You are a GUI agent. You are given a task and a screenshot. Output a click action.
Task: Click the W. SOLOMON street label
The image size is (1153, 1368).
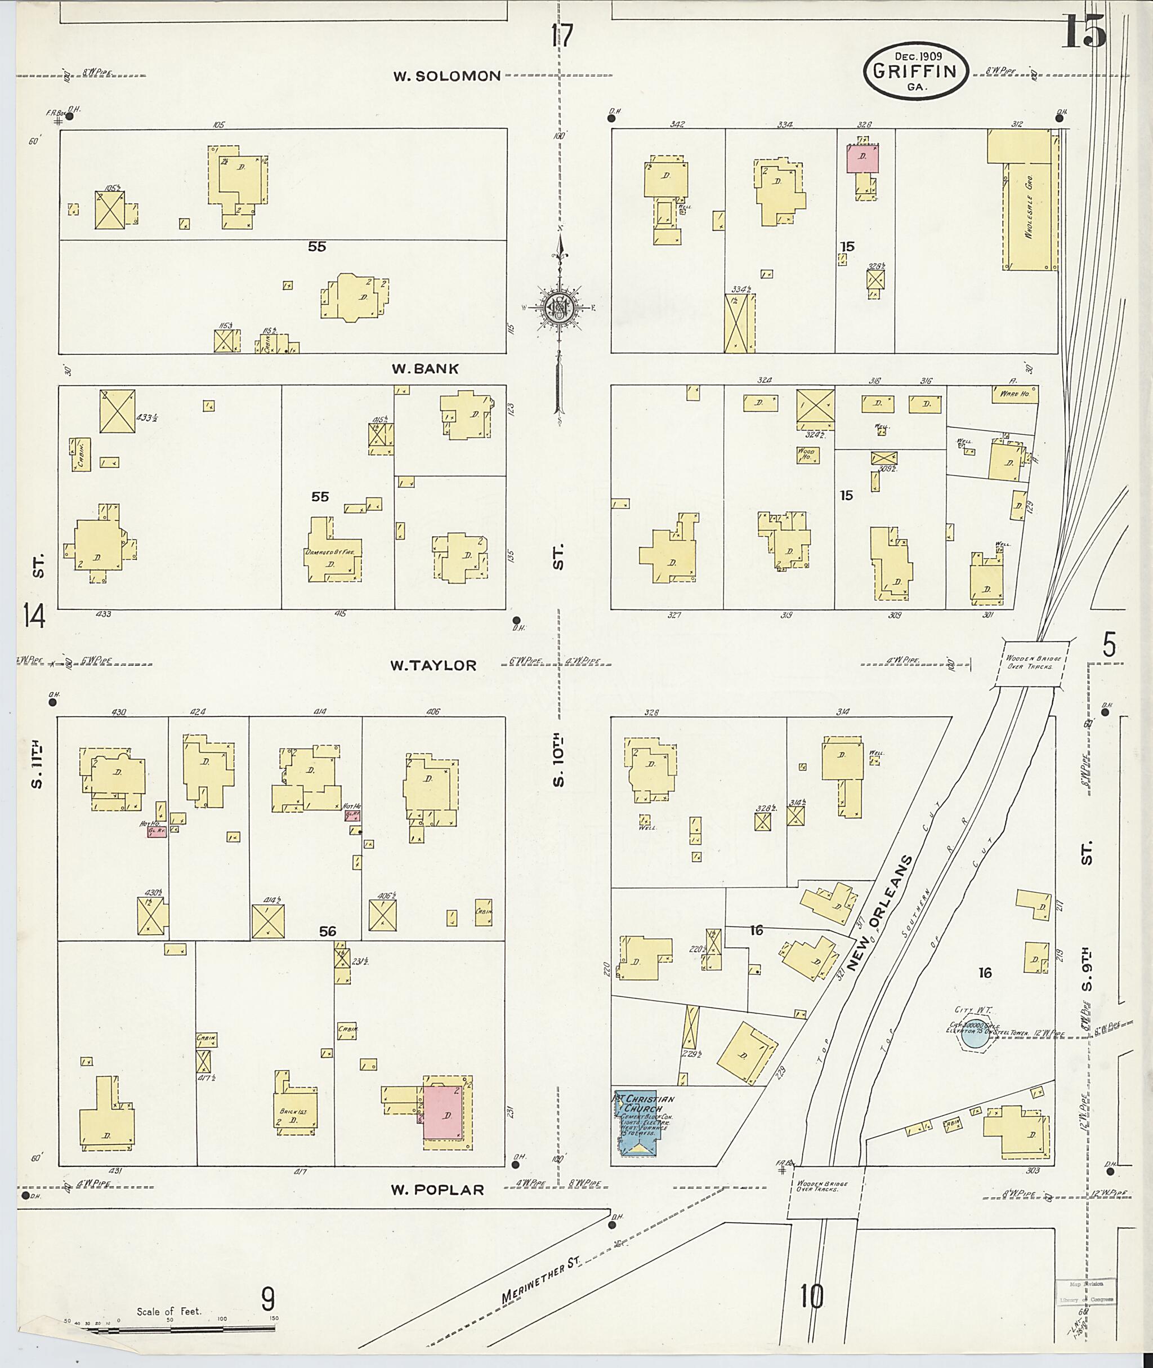(x=446, y=76)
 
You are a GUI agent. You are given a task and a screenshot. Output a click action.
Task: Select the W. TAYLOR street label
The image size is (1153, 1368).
(x=434, y=665)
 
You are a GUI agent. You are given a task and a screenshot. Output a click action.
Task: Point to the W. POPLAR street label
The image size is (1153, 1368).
(x=437, y=1190)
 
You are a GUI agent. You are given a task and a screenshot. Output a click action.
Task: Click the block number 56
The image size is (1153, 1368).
(x=328, y=931)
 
